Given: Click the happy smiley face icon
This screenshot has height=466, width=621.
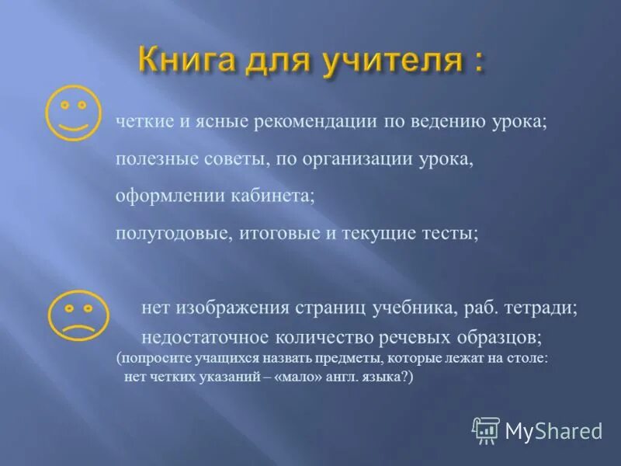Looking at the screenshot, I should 75,112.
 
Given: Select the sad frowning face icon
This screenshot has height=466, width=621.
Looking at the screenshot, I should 75,316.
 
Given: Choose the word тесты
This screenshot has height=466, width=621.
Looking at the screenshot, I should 450,233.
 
